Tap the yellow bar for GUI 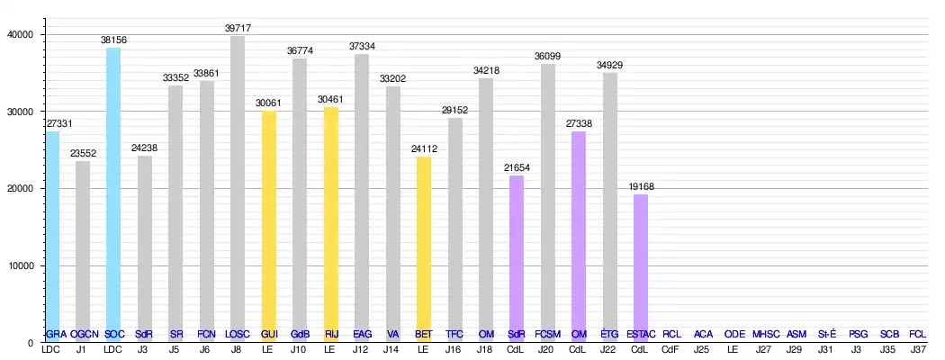click(268, 225)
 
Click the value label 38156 click(113, 40)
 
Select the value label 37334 click(362, 46)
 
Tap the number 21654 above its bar click(517, 168)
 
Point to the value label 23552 click(83, 154)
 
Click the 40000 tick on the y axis click(19, 34)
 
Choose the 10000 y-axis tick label click(19, 265)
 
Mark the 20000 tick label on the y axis click(19, 188)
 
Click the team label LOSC click(238, 334)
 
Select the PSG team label click(858, 334)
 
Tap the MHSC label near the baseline click(765, 334)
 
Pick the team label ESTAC click(641, 334)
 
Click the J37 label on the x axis click(919, 349)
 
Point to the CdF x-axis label click(671, 349)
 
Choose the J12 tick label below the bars click(362, 349)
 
